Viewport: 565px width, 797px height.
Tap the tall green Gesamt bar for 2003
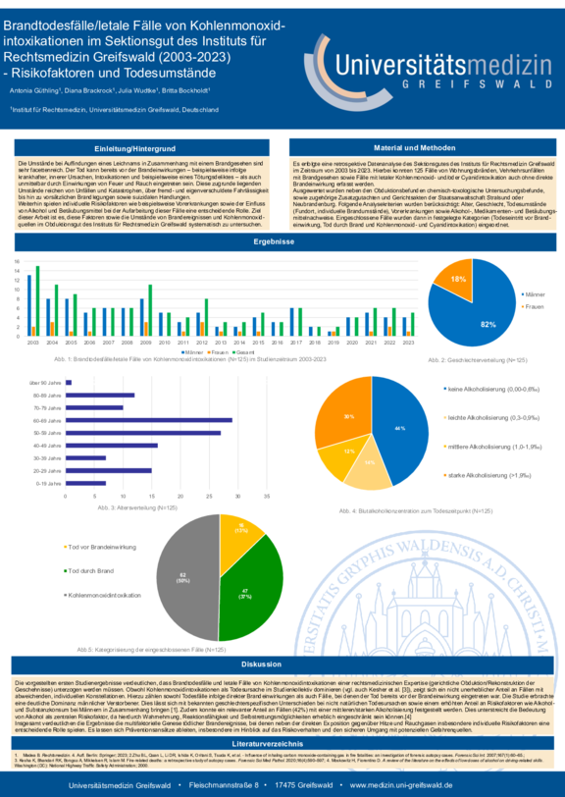tap(37, 300)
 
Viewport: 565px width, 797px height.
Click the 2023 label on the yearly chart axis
tap(407, 343)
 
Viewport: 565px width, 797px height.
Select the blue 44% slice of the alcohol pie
tap(396, 428)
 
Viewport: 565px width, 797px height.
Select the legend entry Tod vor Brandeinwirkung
tap(102, 545)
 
